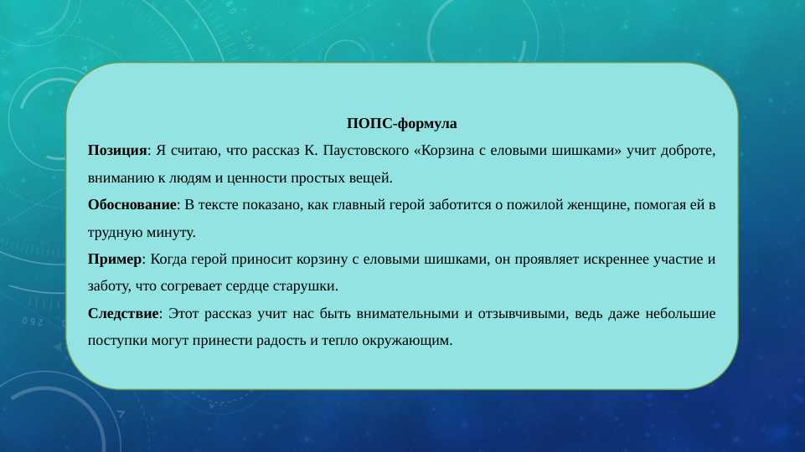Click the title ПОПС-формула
pyautogui.click(x=402, y=124)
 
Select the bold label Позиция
pyautogui.click(x=117, y=151)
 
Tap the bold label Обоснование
pyautogui.click(x=132, y=204)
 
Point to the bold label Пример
pyautogui.click(x=115, y=259)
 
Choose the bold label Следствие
pyautogui.click(x=123, y=313)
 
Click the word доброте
pyautogui.click(x=689, y=151)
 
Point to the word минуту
pyautogui.click(x=172, y=232)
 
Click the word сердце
pyautogui.click(x=245, y=285)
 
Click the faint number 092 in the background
pyautogui.click(x=34, y=321)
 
